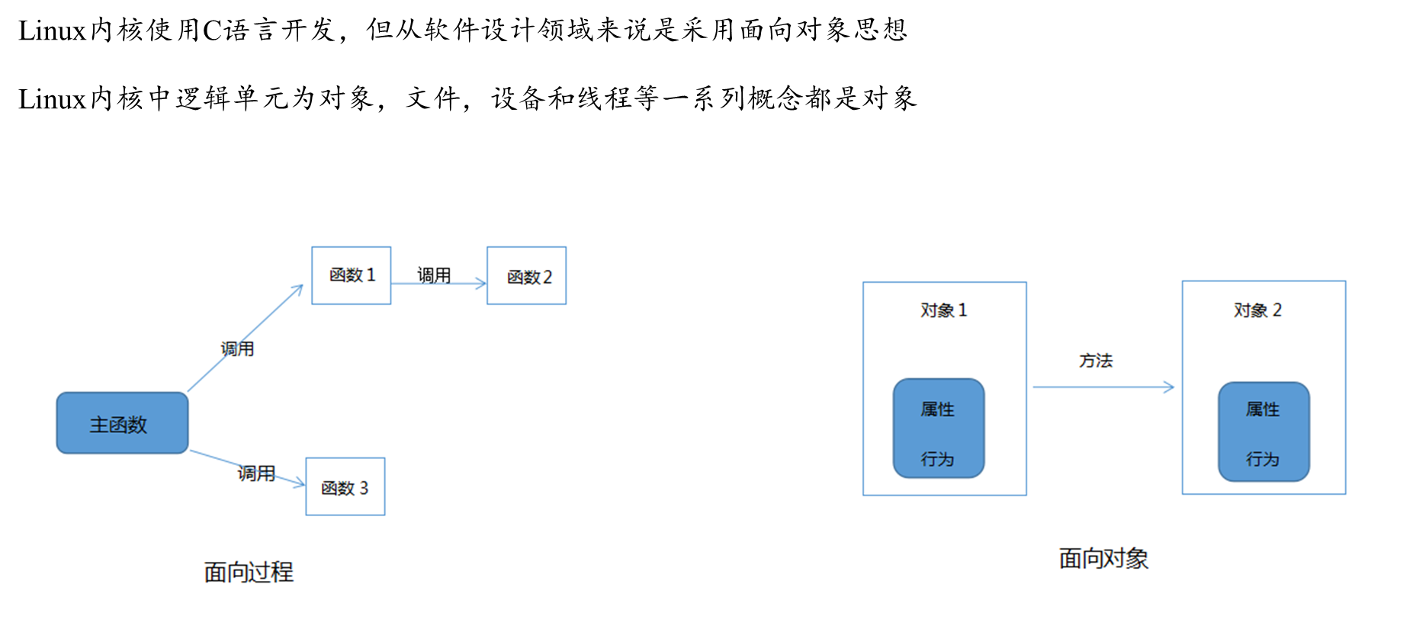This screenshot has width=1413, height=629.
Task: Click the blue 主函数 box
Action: [x=122, y=423]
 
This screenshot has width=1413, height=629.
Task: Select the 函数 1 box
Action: [x=351, y=275]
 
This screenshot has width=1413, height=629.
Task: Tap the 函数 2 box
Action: [x=526, y=276]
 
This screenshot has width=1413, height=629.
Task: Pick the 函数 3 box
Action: [x=345, y=486]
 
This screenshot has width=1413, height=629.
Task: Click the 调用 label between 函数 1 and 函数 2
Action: [x=434, y=275]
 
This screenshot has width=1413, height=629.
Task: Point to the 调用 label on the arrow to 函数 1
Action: [x=237, y=348]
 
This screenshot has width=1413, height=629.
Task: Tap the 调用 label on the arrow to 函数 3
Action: [x=256, y=473]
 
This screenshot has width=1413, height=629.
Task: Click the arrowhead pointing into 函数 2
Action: [x=481, y=284]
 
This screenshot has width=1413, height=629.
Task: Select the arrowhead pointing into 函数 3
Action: [x=300, y=483]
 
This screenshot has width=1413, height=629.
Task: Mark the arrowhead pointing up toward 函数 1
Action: [x=298, y=289]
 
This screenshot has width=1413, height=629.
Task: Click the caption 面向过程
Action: [x=249, y=572]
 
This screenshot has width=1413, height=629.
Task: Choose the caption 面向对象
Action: [x=1103, y=559]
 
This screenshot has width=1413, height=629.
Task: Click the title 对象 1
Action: [x=943, y=310]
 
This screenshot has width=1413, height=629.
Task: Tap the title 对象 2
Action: [x=1257, y=310]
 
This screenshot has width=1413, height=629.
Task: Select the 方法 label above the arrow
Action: [x=1096, y=361]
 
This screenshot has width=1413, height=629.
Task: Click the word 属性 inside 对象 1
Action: [x=937, y=409]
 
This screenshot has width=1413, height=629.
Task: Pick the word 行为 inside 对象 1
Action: [x=937, y=459]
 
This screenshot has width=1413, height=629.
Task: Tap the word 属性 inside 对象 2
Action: [x=1263, y=409]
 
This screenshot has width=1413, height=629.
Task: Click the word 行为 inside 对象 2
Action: [x=1263, y=459]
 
